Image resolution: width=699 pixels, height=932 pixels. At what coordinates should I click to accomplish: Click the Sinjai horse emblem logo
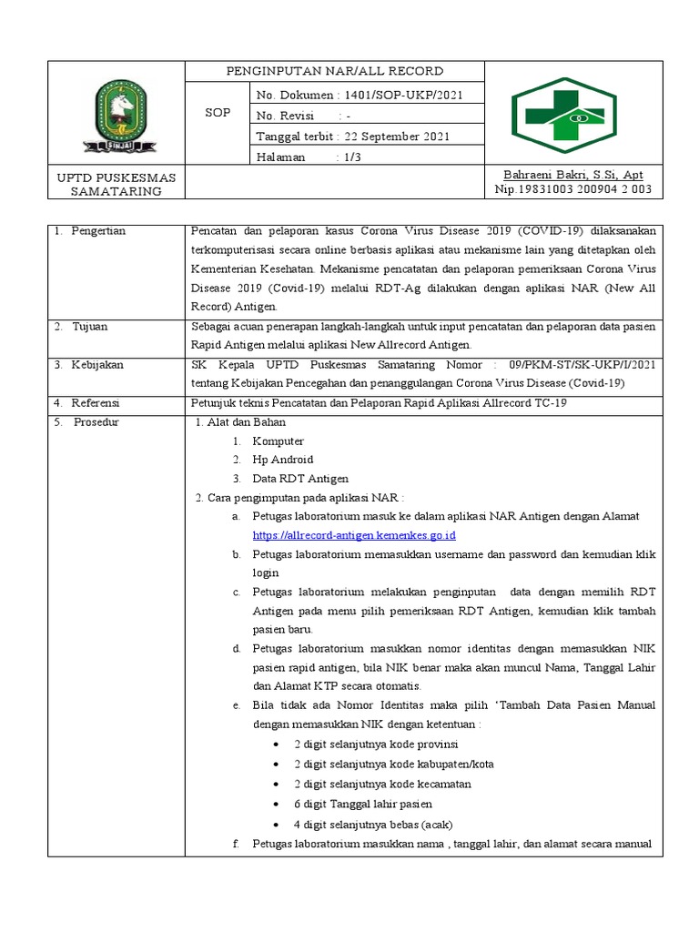tap(116, 116)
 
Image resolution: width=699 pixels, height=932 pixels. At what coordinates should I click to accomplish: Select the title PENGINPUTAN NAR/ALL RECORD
tap(335, 71)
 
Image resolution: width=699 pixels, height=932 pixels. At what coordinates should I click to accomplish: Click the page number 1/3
tap(349, 157)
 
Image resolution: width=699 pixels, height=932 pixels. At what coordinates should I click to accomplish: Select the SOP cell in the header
tap(217, 114)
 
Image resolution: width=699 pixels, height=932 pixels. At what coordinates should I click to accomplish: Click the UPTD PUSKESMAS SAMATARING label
tap(116, 183)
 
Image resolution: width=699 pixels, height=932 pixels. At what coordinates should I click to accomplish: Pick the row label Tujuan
tap(90, 326)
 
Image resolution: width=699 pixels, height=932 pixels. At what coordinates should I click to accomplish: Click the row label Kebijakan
tap(97, 365)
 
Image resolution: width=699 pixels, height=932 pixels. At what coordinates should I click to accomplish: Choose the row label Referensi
tap(96, 403)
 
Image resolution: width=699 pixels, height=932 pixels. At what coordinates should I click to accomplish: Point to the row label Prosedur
tap(96, 422)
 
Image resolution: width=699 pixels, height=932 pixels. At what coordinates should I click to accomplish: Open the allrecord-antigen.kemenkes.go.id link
tap(353, 535)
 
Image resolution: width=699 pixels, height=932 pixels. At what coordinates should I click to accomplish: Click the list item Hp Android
tap(282, 460)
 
